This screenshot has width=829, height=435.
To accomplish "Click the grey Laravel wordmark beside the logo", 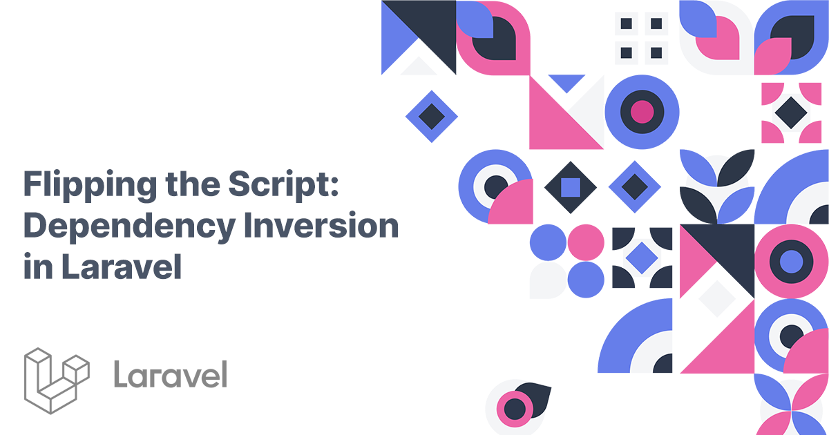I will click(170, 375).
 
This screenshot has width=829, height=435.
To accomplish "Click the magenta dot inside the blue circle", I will click(642, 112).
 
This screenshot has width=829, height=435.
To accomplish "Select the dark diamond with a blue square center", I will click(570, 186).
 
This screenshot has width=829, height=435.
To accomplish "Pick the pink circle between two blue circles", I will click(586, 243).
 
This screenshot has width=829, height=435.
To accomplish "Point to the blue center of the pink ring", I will click(791, 262).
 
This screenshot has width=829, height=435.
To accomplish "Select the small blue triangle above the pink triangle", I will click(566, 83).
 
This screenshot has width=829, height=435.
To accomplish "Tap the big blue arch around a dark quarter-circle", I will click(632, 338).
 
